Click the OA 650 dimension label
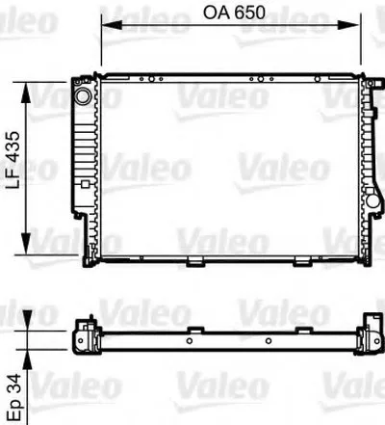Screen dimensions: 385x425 click(234, 13)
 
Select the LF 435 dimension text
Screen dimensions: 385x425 click(13, 160)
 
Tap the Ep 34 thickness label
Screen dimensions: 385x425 click(14, 398)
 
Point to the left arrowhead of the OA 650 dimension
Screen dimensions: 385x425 click(112, 25)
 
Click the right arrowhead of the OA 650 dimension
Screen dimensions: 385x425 click(348, 25)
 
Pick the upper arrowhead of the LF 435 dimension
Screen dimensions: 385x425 click(26, 93)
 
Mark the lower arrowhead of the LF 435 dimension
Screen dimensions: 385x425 click(26, 244)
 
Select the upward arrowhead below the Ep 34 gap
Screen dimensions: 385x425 click(27, 359)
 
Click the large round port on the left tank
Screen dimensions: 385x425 click(83, 95)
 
